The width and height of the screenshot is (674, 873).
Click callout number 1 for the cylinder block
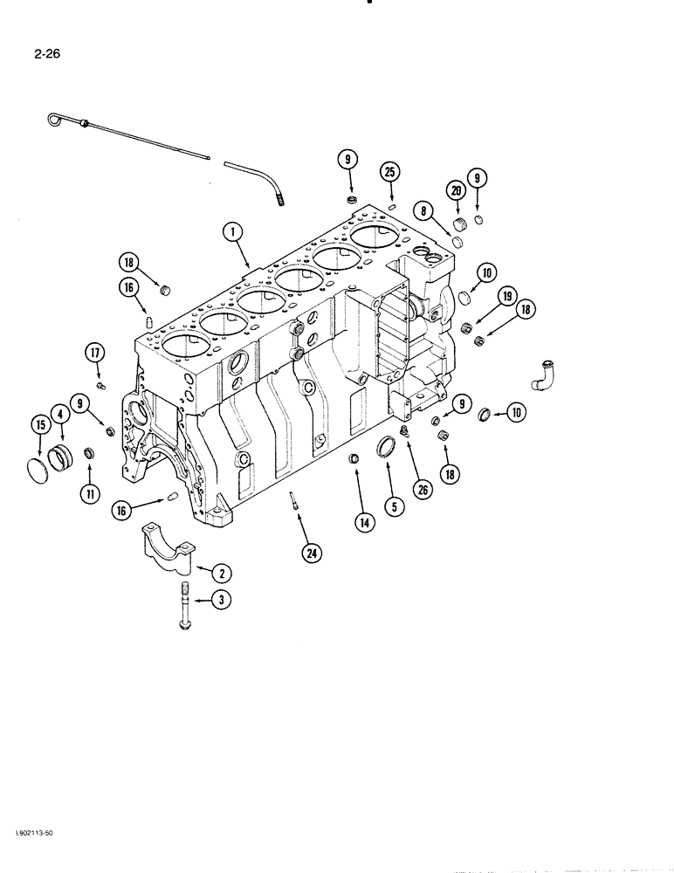pyautogui.click(x=231, y=231)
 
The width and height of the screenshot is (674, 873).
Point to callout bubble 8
pyautogui.click(x=423, y=210)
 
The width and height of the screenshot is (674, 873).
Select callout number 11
pyautogui.click(x=88, y=493)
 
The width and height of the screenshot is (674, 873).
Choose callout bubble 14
pyautogui.click(x=362, y=523)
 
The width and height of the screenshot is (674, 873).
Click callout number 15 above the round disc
pyautogui.click(x=38, y=425)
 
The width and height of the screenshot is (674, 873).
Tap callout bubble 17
pyautogui.click(x=94, y=354)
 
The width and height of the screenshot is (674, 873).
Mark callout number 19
pyautogui.click(x=505, y=296)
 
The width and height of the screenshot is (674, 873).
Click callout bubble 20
pyautogui.click(x=456, y=190)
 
